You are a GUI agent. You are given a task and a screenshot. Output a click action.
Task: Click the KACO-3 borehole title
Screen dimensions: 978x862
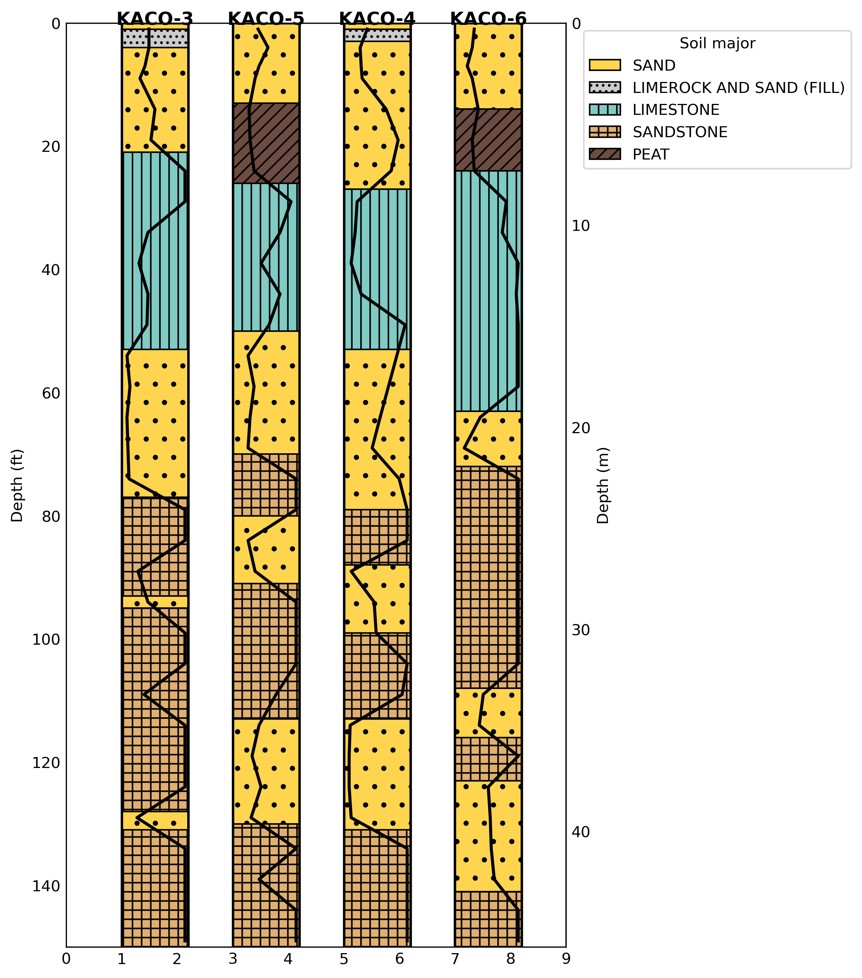tap(155, 19)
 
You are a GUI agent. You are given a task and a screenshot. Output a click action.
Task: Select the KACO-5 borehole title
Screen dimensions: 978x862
tap(266, 19)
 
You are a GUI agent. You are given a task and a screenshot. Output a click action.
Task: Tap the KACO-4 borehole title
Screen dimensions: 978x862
tap(377, 19)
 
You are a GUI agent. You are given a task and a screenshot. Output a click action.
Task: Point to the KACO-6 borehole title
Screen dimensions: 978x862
tap(488, 19)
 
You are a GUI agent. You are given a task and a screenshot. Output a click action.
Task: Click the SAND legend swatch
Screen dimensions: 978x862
tap(605, 65)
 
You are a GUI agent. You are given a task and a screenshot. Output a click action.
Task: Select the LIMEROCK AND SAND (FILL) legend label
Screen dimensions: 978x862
tap(739, 87)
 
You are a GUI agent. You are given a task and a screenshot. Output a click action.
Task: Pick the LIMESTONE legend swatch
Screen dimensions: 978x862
tap(605, 109)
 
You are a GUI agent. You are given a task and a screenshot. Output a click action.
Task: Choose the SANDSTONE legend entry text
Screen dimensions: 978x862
tap(680, 132)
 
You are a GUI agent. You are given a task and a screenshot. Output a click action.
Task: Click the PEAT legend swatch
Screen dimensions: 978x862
tap(605, 154)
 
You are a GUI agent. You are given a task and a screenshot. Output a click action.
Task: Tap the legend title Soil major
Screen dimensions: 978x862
tap(717, 44)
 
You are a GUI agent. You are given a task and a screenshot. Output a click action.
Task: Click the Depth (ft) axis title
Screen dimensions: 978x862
tap(17, 486)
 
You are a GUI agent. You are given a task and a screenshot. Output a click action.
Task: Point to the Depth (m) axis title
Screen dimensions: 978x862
tap(603, 486)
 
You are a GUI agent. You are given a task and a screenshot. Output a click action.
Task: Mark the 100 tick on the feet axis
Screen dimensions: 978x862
tap(46, 640)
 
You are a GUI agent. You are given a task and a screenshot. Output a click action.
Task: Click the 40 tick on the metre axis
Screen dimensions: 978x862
tap(581, 832)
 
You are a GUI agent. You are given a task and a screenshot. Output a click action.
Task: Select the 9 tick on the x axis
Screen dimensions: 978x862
tap(566, 959)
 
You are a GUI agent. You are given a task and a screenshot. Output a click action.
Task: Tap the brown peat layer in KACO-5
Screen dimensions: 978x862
tap(266, 143)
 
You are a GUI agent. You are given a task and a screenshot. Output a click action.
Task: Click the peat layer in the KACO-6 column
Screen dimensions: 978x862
tap(488, 140)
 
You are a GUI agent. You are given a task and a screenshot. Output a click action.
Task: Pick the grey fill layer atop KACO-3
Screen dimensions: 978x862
tap(155, 38)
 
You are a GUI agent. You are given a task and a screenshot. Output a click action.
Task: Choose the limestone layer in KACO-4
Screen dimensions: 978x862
tap(377, 269)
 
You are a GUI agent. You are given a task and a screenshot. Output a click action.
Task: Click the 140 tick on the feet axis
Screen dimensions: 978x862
tap(46, 886)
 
